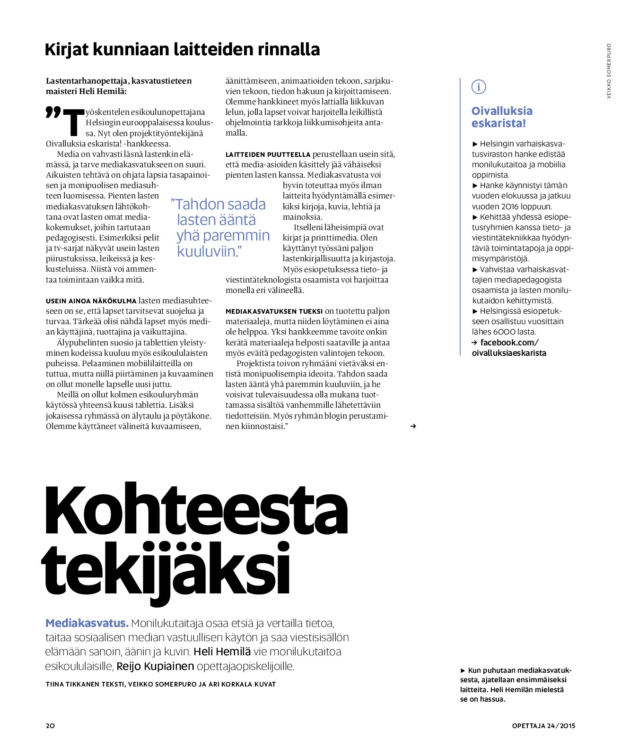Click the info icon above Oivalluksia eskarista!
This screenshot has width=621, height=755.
click(479, 87)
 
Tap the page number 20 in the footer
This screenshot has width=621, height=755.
click(50, 726)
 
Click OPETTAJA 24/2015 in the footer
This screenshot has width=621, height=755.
click(543, 726)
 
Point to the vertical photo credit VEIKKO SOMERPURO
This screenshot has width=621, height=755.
click(609, 71)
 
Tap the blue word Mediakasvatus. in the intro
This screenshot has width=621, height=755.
click(87, 623)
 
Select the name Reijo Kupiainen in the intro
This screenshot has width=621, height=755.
click(155, 666)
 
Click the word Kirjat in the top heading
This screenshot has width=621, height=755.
click(67, 49)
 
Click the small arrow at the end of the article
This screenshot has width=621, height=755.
click(413, 426)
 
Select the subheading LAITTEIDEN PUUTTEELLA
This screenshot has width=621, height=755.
click(268, 154)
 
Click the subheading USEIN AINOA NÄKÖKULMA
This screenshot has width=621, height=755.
click(91, 301)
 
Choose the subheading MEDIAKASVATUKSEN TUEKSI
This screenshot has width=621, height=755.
click(274, 311)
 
